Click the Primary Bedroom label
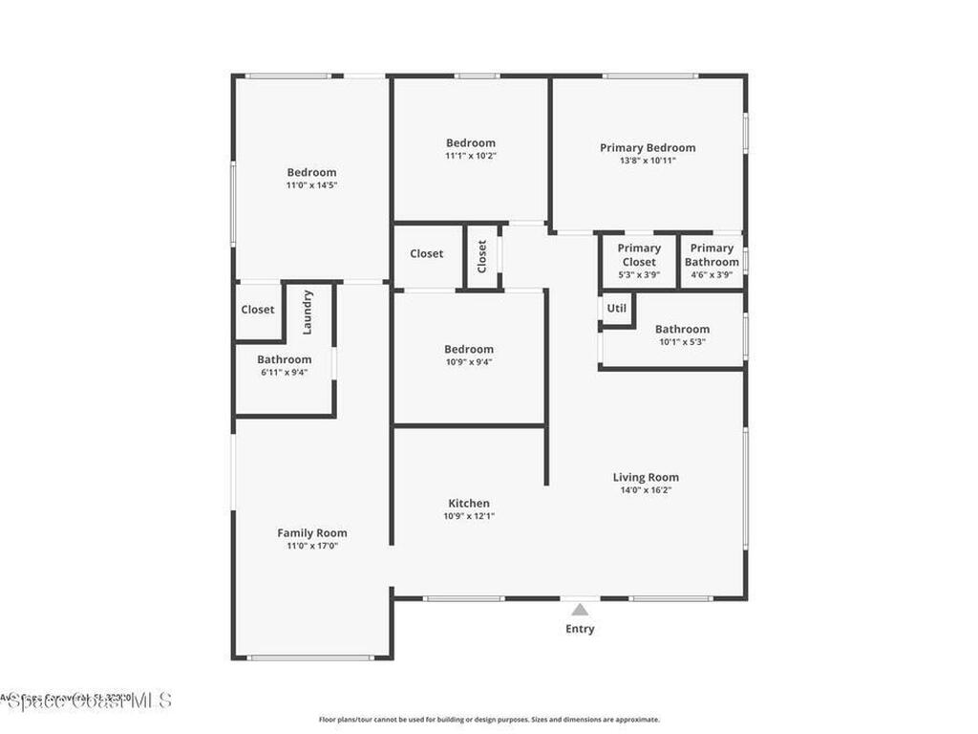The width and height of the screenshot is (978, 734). [x=648, y=147]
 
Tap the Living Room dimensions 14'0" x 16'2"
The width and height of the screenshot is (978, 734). [x=646, y=490]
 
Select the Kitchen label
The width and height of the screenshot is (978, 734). [x=469, y=504]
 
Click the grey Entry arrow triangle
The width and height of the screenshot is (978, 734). [x=580, y=609]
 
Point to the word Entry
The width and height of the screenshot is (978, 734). [x=580, y=629]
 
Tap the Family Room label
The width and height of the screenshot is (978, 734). [x=312, y=533]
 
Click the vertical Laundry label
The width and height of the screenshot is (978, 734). [x=308, y=312]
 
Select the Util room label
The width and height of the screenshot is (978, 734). [x=617, y=309]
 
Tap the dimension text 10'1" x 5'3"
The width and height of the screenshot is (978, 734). [x=682, y=342]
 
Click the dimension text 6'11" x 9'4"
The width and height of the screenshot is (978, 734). [x=284, y=373]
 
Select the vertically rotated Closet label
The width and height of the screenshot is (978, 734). [x=482, y=256]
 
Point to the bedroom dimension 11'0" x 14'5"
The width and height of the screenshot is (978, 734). [x=312, y=185]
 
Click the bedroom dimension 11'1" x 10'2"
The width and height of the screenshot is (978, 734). [x=471, y=156]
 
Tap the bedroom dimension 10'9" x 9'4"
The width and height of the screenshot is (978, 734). [x=469, y=362]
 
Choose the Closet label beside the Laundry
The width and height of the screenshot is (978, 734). [x=258, y=310]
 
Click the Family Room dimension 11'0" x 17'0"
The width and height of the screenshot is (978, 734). [x=312, y=546]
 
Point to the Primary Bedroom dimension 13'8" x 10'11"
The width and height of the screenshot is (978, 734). [x=648, y=161]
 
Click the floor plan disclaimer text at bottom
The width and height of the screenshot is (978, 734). [x=489, y=720]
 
